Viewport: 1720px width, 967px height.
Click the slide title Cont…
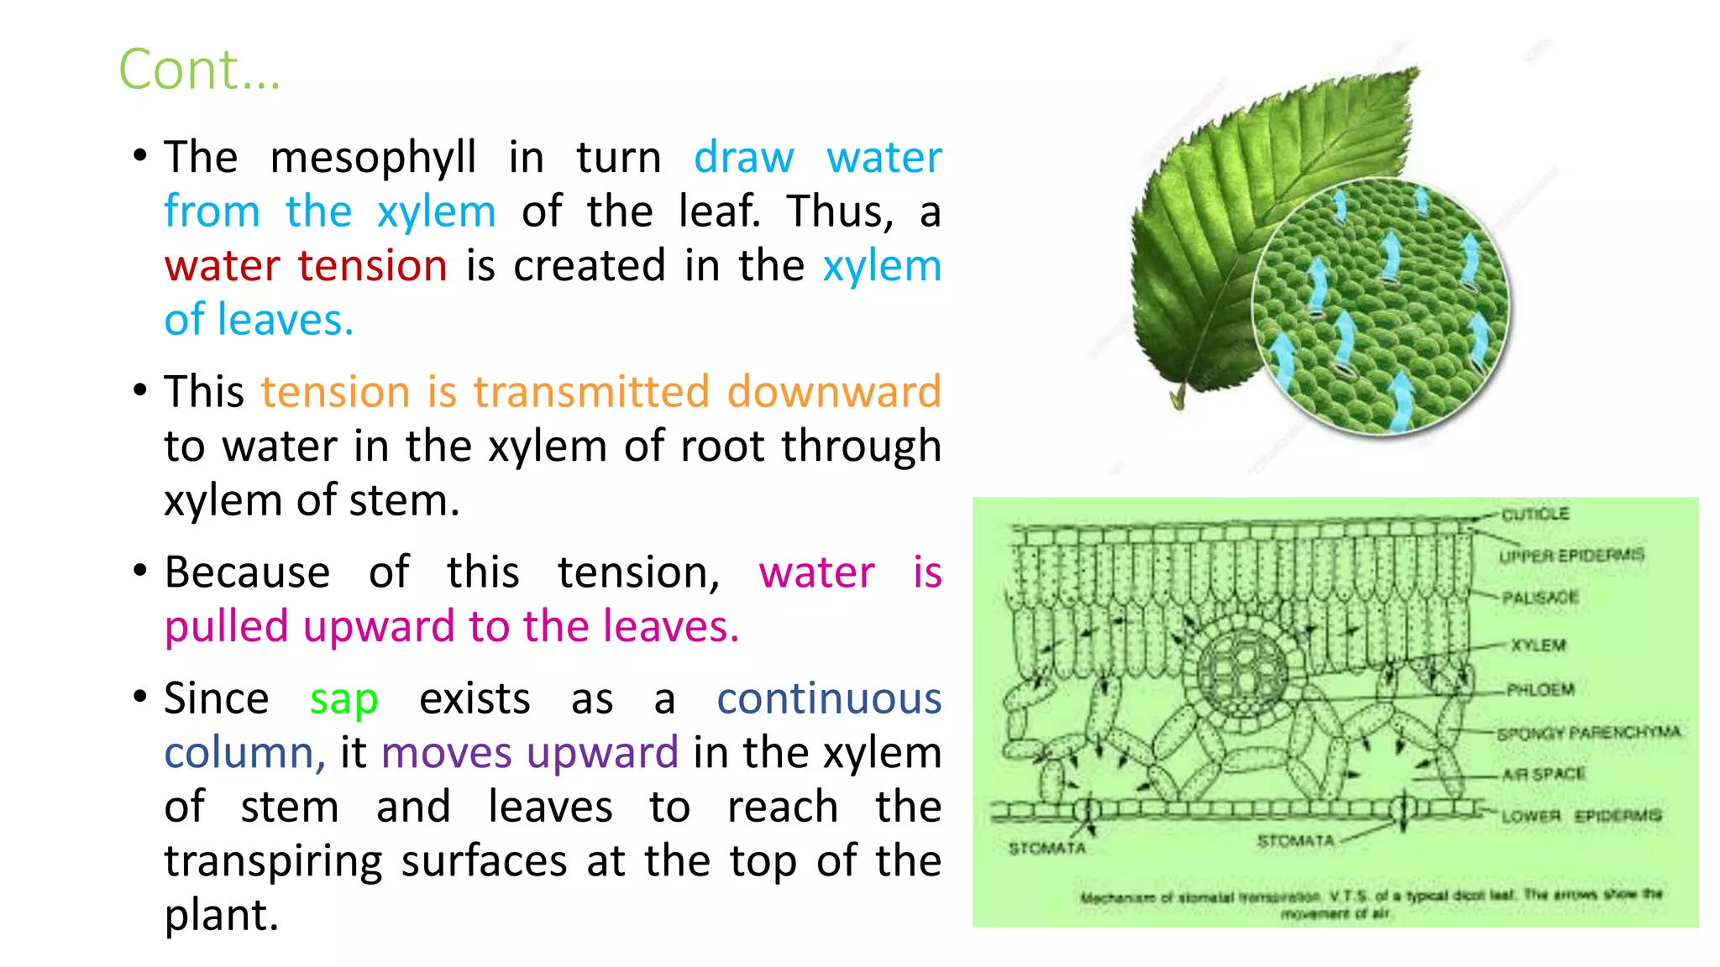tap(199, 69)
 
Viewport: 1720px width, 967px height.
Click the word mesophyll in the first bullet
tap(373, 158)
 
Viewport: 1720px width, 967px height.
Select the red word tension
tap(372, 266)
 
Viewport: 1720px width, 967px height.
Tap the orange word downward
tap(833, 392)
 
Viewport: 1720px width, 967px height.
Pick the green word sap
tap(343, 698)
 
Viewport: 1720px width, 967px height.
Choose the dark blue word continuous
tap(828, 698)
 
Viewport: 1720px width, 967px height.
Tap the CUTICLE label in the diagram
tap(1534, 514)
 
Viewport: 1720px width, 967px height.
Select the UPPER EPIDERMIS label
tap(1571, 556)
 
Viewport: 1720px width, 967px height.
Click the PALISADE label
tap(1540, 598)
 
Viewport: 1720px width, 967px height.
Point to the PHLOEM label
tap(1540, 690)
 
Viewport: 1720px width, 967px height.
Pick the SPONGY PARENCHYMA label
tap(1588, 733)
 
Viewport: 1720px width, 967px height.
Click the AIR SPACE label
tap(1544, 774)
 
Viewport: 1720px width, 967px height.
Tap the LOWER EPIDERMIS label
tap(1581, 816)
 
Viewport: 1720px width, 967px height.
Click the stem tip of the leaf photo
tap(1177, 398)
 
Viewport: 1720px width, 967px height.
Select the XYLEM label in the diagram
tap(1539, 645)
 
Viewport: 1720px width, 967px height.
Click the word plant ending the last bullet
tap(220, 915)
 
